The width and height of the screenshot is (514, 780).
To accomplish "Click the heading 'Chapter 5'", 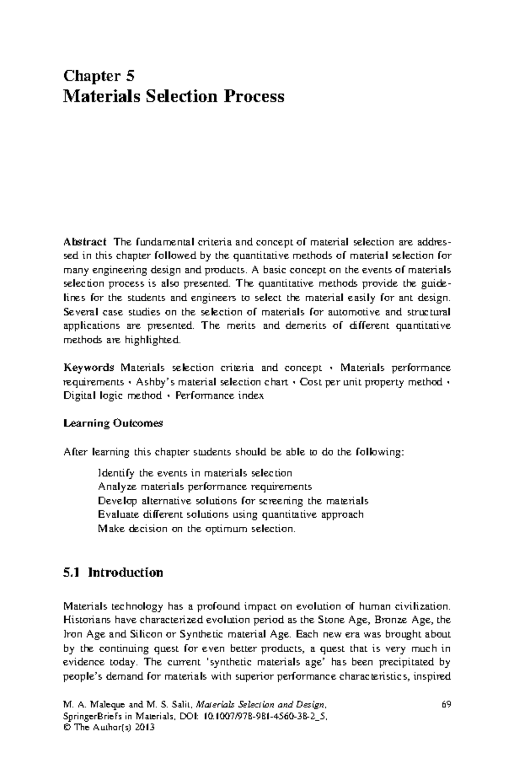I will pos(99,76).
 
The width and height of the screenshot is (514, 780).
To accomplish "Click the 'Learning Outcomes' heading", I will pos(113,423).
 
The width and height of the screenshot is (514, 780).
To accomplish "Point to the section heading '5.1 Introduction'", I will pos(113,573).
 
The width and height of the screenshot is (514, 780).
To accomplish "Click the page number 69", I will pos(445,705).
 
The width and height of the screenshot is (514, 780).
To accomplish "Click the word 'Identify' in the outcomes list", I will pos(117,473).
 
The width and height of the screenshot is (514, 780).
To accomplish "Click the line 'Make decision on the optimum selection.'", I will pos(197,528).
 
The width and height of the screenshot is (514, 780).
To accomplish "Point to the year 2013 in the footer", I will pos(144,727).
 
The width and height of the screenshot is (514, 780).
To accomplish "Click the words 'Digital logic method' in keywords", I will pos(112,396).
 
